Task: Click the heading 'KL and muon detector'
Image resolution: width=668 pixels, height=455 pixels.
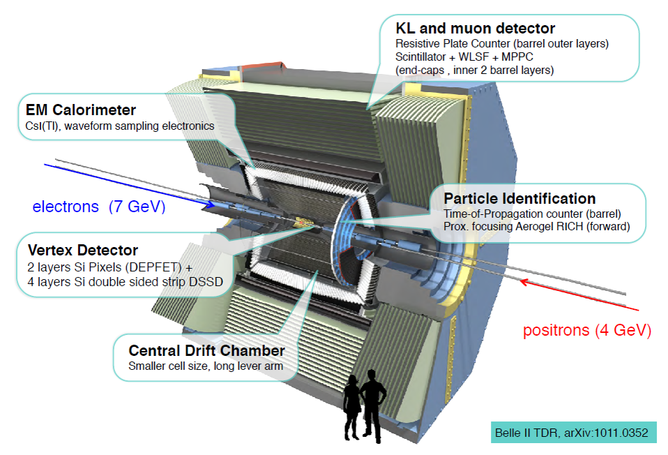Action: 476,29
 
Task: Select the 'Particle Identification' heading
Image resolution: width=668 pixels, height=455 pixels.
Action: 519,199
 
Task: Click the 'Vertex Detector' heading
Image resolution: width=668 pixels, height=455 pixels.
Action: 83,250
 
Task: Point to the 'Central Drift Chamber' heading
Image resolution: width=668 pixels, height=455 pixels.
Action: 207,350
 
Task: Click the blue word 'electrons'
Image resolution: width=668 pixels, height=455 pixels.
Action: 66,207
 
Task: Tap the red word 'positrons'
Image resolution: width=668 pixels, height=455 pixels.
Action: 556,330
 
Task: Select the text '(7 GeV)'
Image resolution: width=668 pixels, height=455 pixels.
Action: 137,207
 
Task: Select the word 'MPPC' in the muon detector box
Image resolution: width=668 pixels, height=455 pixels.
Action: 533,58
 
